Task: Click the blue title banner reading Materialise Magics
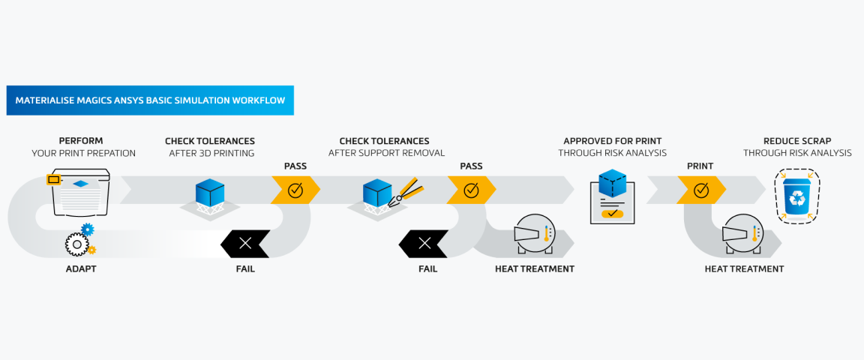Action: point(150,100)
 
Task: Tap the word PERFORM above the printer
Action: point(81,141)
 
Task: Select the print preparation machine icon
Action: point(79,193)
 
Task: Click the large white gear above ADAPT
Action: point(76,244)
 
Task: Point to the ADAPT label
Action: point(81,268)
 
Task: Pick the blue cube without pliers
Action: point(210,194)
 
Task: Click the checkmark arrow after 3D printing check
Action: point(295,190)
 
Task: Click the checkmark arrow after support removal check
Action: point(471,190)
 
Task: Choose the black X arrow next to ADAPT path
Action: point(244,243)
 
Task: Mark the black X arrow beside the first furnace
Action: point(424,243)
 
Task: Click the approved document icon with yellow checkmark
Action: point(612,196)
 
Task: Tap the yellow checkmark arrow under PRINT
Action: point(700,190)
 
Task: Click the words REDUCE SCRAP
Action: point(797,141)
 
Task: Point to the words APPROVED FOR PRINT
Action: point(612,141)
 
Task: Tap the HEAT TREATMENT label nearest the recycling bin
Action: point(744,268)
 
